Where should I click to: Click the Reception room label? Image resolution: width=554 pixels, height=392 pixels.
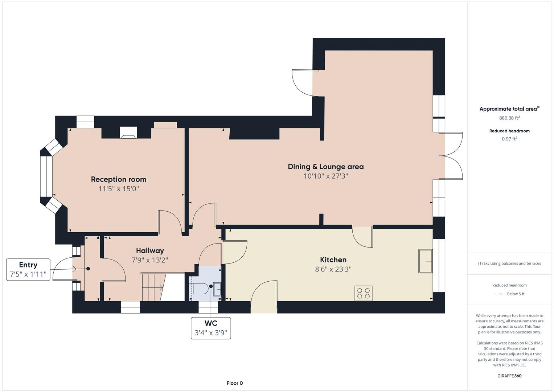[x=119, y=179]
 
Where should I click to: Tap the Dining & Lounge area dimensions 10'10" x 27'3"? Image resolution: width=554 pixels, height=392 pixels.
[x=326, y=176]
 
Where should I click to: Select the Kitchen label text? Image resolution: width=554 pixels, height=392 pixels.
[x=333, y=260]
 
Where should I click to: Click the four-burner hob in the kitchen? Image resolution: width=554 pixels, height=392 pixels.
[x=363, y=293]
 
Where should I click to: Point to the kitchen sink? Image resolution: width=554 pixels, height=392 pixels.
[x=426, y=261]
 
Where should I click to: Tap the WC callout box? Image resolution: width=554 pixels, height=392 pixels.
[x=211, y=328]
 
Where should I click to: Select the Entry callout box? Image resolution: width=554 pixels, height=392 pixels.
[x=28, y=269]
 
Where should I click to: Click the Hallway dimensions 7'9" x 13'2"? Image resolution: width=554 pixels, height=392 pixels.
[x=150, y=260]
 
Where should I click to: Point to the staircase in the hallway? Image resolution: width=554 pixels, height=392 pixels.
[x=152, y=287]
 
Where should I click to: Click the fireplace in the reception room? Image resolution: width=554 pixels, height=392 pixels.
[x=128, y=132]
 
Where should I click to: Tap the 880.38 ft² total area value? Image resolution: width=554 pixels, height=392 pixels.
[x=509, y=118]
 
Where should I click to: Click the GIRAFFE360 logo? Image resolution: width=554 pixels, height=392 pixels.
[x=509, y=376]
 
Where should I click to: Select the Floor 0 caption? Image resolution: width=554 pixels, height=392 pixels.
[x=234, y=383]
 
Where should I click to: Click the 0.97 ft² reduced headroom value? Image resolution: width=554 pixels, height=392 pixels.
[x=509, y=139]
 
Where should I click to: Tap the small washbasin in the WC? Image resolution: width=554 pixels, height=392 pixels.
[x=217, y=289]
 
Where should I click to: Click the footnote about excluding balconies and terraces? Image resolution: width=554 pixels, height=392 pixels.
[x=509, y=263]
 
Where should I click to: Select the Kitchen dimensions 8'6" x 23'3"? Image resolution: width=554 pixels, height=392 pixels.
[x=333, y=269]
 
